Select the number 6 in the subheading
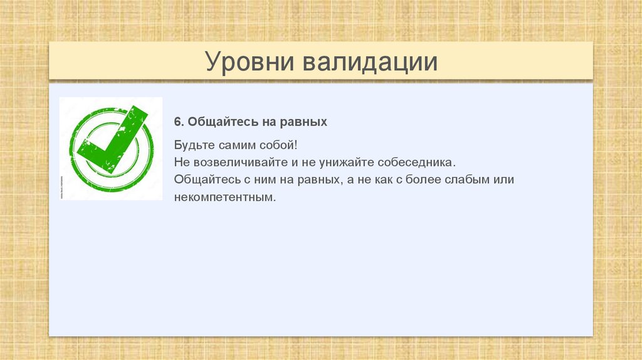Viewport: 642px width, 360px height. tap(178, 121)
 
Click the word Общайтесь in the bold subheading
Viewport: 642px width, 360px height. tap(216, 121)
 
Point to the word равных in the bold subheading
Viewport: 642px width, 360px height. tap(307, 121)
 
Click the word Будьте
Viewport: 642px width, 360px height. tap(195, 145)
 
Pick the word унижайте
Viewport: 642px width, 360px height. tap(343, 162)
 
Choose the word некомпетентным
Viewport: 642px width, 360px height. tap(225, 198)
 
